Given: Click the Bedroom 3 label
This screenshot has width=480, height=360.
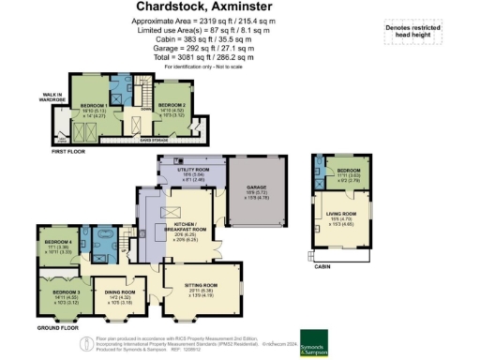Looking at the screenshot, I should tap(57, 296).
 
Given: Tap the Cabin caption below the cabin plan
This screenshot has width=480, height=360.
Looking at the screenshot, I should tap(323, 266).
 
